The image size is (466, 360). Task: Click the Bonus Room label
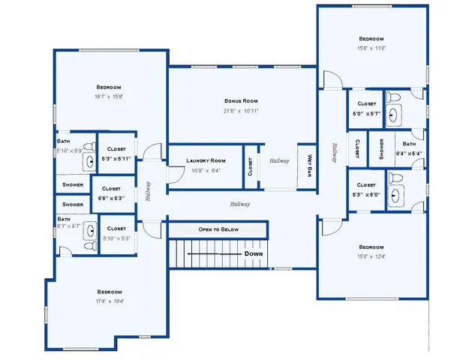[241, 100]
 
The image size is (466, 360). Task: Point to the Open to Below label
[218, 229]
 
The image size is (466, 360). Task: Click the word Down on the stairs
[254, 254]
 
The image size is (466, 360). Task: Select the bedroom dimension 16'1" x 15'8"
[108, 96]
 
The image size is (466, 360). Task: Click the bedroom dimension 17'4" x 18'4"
[109, 301]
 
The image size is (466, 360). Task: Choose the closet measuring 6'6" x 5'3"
[110, 198]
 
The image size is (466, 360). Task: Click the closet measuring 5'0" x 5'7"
[366, 113]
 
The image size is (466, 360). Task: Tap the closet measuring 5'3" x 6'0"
[366, 194]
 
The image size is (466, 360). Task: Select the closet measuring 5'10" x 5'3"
[116, 238]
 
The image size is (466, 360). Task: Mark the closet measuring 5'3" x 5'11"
[116, 158]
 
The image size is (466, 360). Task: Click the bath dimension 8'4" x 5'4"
[408, 154]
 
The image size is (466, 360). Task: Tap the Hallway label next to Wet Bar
[279, 160]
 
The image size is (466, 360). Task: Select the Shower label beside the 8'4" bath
[381, 148]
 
